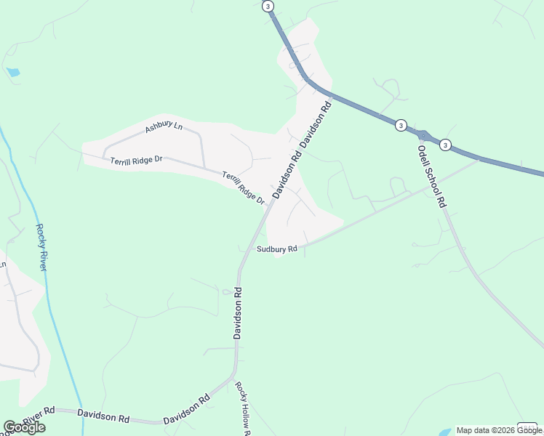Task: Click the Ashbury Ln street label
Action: [163, 128]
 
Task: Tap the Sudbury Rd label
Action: [277, 249]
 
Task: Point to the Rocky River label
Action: [42, 247]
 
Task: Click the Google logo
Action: [24, 427]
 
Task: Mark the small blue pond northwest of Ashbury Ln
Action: [13, 72]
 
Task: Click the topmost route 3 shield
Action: [268, 7]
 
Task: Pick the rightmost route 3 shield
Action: [445, 145]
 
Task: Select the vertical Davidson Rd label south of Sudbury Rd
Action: [237, 312]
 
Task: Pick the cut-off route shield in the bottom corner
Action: [527, 427]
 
